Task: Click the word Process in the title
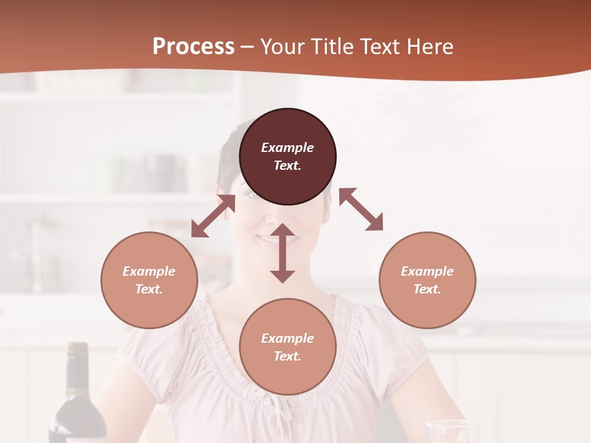[x=193, y=47]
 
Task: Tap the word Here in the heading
[x=428, y=47]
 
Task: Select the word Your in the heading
[x=283, y=47]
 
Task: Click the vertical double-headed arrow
[x=283, y=253]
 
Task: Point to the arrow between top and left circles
[x=213, y=216]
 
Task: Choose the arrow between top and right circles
[x=361, y=209]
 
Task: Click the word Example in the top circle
[x=287, y=148]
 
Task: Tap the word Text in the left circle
[x=148, y=289]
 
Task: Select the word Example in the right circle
[x=427, y=271]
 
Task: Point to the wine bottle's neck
[x=78, y=369]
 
